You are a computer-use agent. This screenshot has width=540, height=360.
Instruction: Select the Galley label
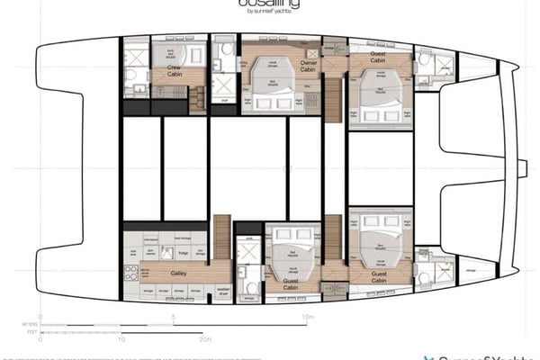tap(175, 268)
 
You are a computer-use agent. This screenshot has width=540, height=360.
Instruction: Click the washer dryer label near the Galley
tap(224, 292)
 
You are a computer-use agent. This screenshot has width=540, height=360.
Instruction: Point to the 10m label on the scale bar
tap(309, 317)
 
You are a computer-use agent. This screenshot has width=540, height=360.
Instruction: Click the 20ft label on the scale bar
tap(206, 338)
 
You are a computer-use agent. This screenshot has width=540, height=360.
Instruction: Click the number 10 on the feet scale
tap(121, 338)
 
